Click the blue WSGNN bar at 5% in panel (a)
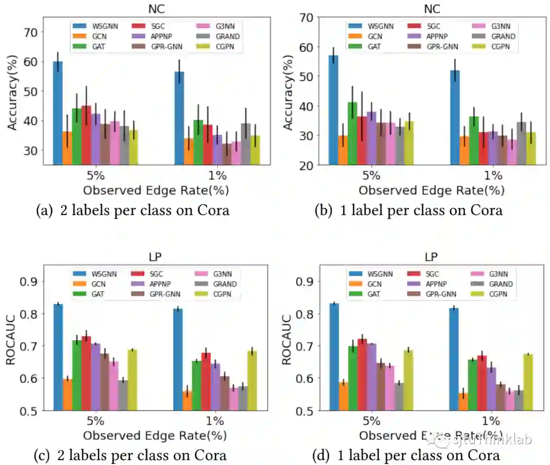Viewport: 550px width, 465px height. [58, 112]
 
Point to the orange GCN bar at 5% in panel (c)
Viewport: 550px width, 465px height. [67, 394]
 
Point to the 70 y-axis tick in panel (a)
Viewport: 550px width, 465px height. [31, 32]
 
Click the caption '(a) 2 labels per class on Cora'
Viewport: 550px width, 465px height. [132, 210]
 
